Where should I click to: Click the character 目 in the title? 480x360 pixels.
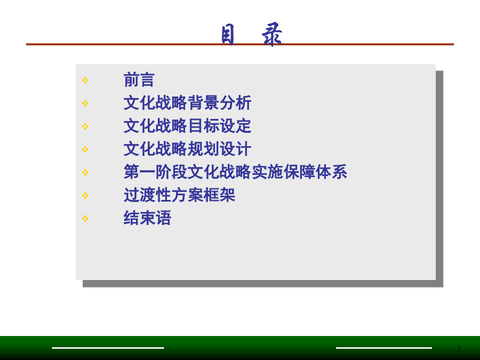[228, 35]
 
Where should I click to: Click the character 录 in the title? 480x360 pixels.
[272, 34]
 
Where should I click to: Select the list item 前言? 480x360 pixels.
[139, 80]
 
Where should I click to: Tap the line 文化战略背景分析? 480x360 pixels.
[187, 103]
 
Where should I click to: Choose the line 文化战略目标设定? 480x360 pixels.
[187, 126]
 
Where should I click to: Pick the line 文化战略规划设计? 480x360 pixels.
[187, 149]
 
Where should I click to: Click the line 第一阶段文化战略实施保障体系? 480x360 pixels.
[235, 172]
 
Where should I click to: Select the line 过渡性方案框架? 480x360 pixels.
[179, 195]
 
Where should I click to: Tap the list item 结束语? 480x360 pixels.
[147, 218]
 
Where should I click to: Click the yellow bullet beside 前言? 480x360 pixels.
[85, 81]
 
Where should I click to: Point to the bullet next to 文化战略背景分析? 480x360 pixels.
[85, 103]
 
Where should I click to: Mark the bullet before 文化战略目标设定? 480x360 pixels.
[85, 126]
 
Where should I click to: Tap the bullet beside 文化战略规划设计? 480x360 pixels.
[85, 149]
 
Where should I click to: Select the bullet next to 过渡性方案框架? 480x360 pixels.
[85, 195]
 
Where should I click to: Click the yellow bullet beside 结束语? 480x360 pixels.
[85, 219]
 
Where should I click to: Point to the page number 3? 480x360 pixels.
[458, 349]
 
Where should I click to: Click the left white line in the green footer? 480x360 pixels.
[108, 348]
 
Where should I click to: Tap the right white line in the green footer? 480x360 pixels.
[384, 348]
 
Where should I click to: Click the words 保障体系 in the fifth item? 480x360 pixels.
[315, 172]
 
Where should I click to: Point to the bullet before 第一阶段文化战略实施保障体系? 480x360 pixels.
[85, 172]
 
